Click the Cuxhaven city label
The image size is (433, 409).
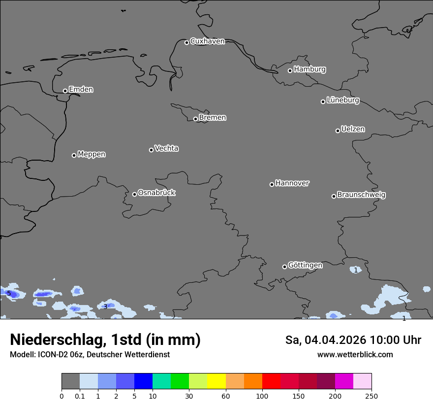(x=207, y=41)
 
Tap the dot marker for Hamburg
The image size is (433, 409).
(x=290, y=70)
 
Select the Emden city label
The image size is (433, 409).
(x=81, y=90)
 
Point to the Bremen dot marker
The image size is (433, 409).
(x=195, y=119)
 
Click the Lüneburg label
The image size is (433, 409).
(x=342, y=101)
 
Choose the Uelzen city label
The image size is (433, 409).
(x=353, y=130)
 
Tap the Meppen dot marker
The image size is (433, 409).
(x=74, y=155)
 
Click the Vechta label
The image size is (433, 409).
(x=166, y=149)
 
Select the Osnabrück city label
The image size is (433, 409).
(x=156, y=193)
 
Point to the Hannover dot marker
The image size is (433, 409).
(x=272, y=184)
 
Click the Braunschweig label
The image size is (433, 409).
(x=361, y=195)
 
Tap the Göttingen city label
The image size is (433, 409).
(x=305, y=266)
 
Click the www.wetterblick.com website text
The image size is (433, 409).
(x=355, y=354)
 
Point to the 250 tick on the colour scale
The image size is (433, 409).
(x=371, y=396)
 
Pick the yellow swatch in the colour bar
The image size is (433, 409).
(x=216, y=381)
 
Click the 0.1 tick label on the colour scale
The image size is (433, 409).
(x=80, y=396)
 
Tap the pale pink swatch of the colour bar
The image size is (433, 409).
(x=362, y=381)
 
